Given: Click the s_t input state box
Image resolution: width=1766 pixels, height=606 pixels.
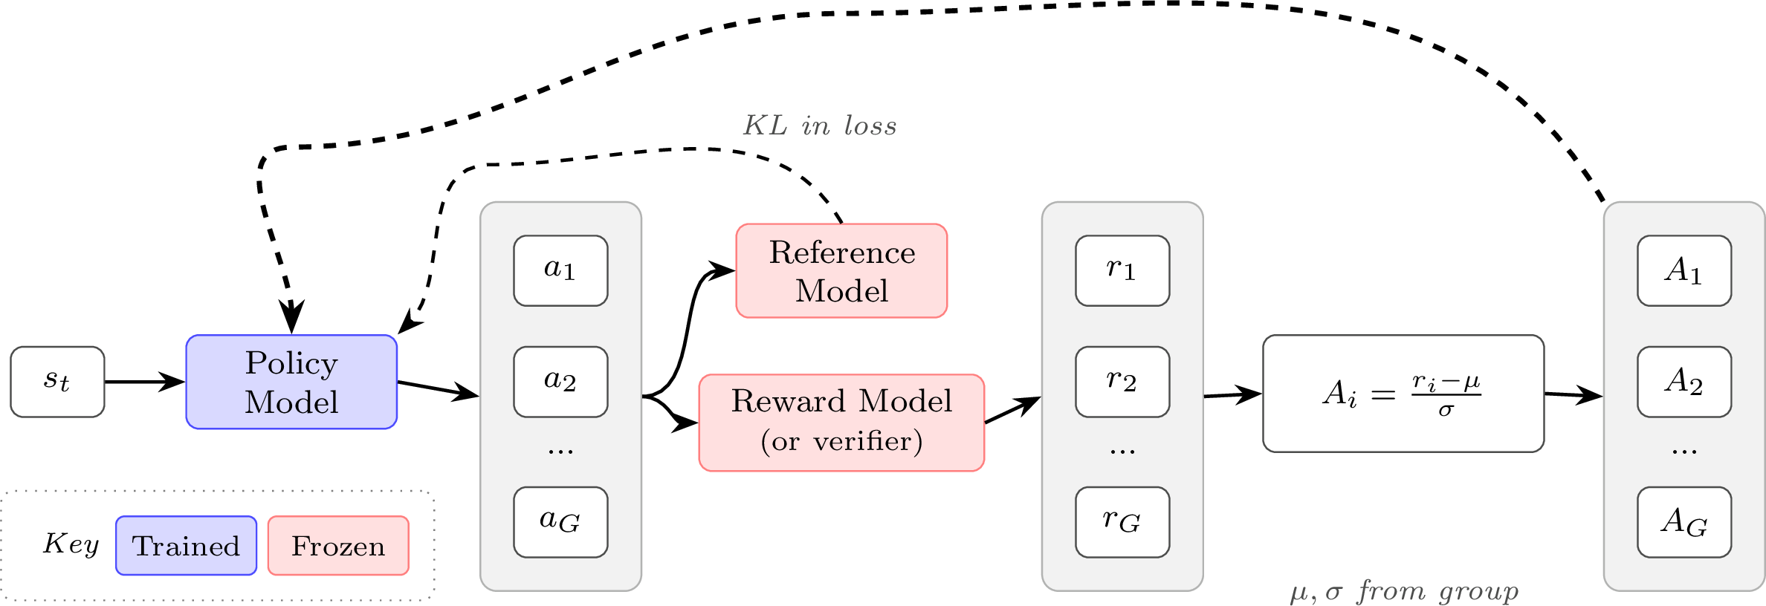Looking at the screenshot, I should (x=57, y=382).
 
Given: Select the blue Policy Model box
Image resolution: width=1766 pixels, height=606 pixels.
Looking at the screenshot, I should (x=291, y=382).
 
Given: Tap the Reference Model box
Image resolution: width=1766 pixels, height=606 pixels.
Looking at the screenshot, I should (x=841, y=271).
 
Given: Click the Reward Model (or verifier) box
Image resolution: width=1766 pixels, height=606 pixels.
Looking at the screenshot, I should (x=841, y=423).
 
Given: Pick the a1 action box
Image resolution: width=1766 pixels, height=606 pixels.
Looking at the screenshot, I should (x=560, y=270).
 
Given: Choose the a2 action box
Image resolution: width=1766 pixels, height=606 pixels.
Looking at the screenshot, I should (x=560, y=382).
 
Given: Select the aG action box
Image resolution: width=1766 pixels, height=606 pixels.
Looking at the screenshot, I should (x=560, y=522).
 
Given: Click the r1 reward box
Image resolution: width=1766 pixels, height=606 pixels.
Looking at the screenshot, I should (x=1122, y=270).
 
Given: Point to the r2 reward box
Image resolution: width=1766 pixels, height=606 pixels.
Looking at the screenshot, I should (x=1122, y=382).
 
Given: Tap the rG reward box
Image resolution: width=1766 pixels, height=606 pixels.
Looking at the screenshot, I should (x=1122, y=522).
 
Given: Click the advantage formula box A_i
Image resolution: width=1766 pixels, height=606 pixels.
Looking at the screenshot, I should (x=1403, y=394).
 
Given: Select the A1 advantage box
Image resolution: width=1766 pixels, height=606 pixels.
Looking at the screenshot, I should (x=1684, y=270).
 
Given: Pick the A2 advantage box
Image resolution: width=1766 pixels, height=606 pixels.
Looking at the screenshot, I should (x=1684, y=382).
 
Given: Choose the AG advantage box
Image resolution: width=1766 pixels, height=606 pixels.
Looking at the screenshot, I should (x=1684, y=522).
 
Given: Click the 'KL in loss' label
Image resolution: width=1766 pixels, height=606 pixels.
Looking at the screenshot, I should (x=820, y=126).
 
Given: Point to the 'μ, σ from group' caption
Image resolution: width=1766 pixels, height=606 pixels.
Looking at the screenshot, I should (x=1404, y=592).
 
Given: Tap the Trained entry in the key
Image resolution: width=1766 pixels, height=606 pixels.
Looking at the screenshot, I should (x=186, y=546).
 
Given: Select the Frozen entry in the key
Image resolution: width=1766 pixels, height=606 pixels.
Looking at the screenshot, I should (x=338, y=546).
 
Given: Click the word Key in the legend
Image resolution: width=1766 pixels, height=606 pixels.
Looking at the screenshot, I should (x=71, y=544).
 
